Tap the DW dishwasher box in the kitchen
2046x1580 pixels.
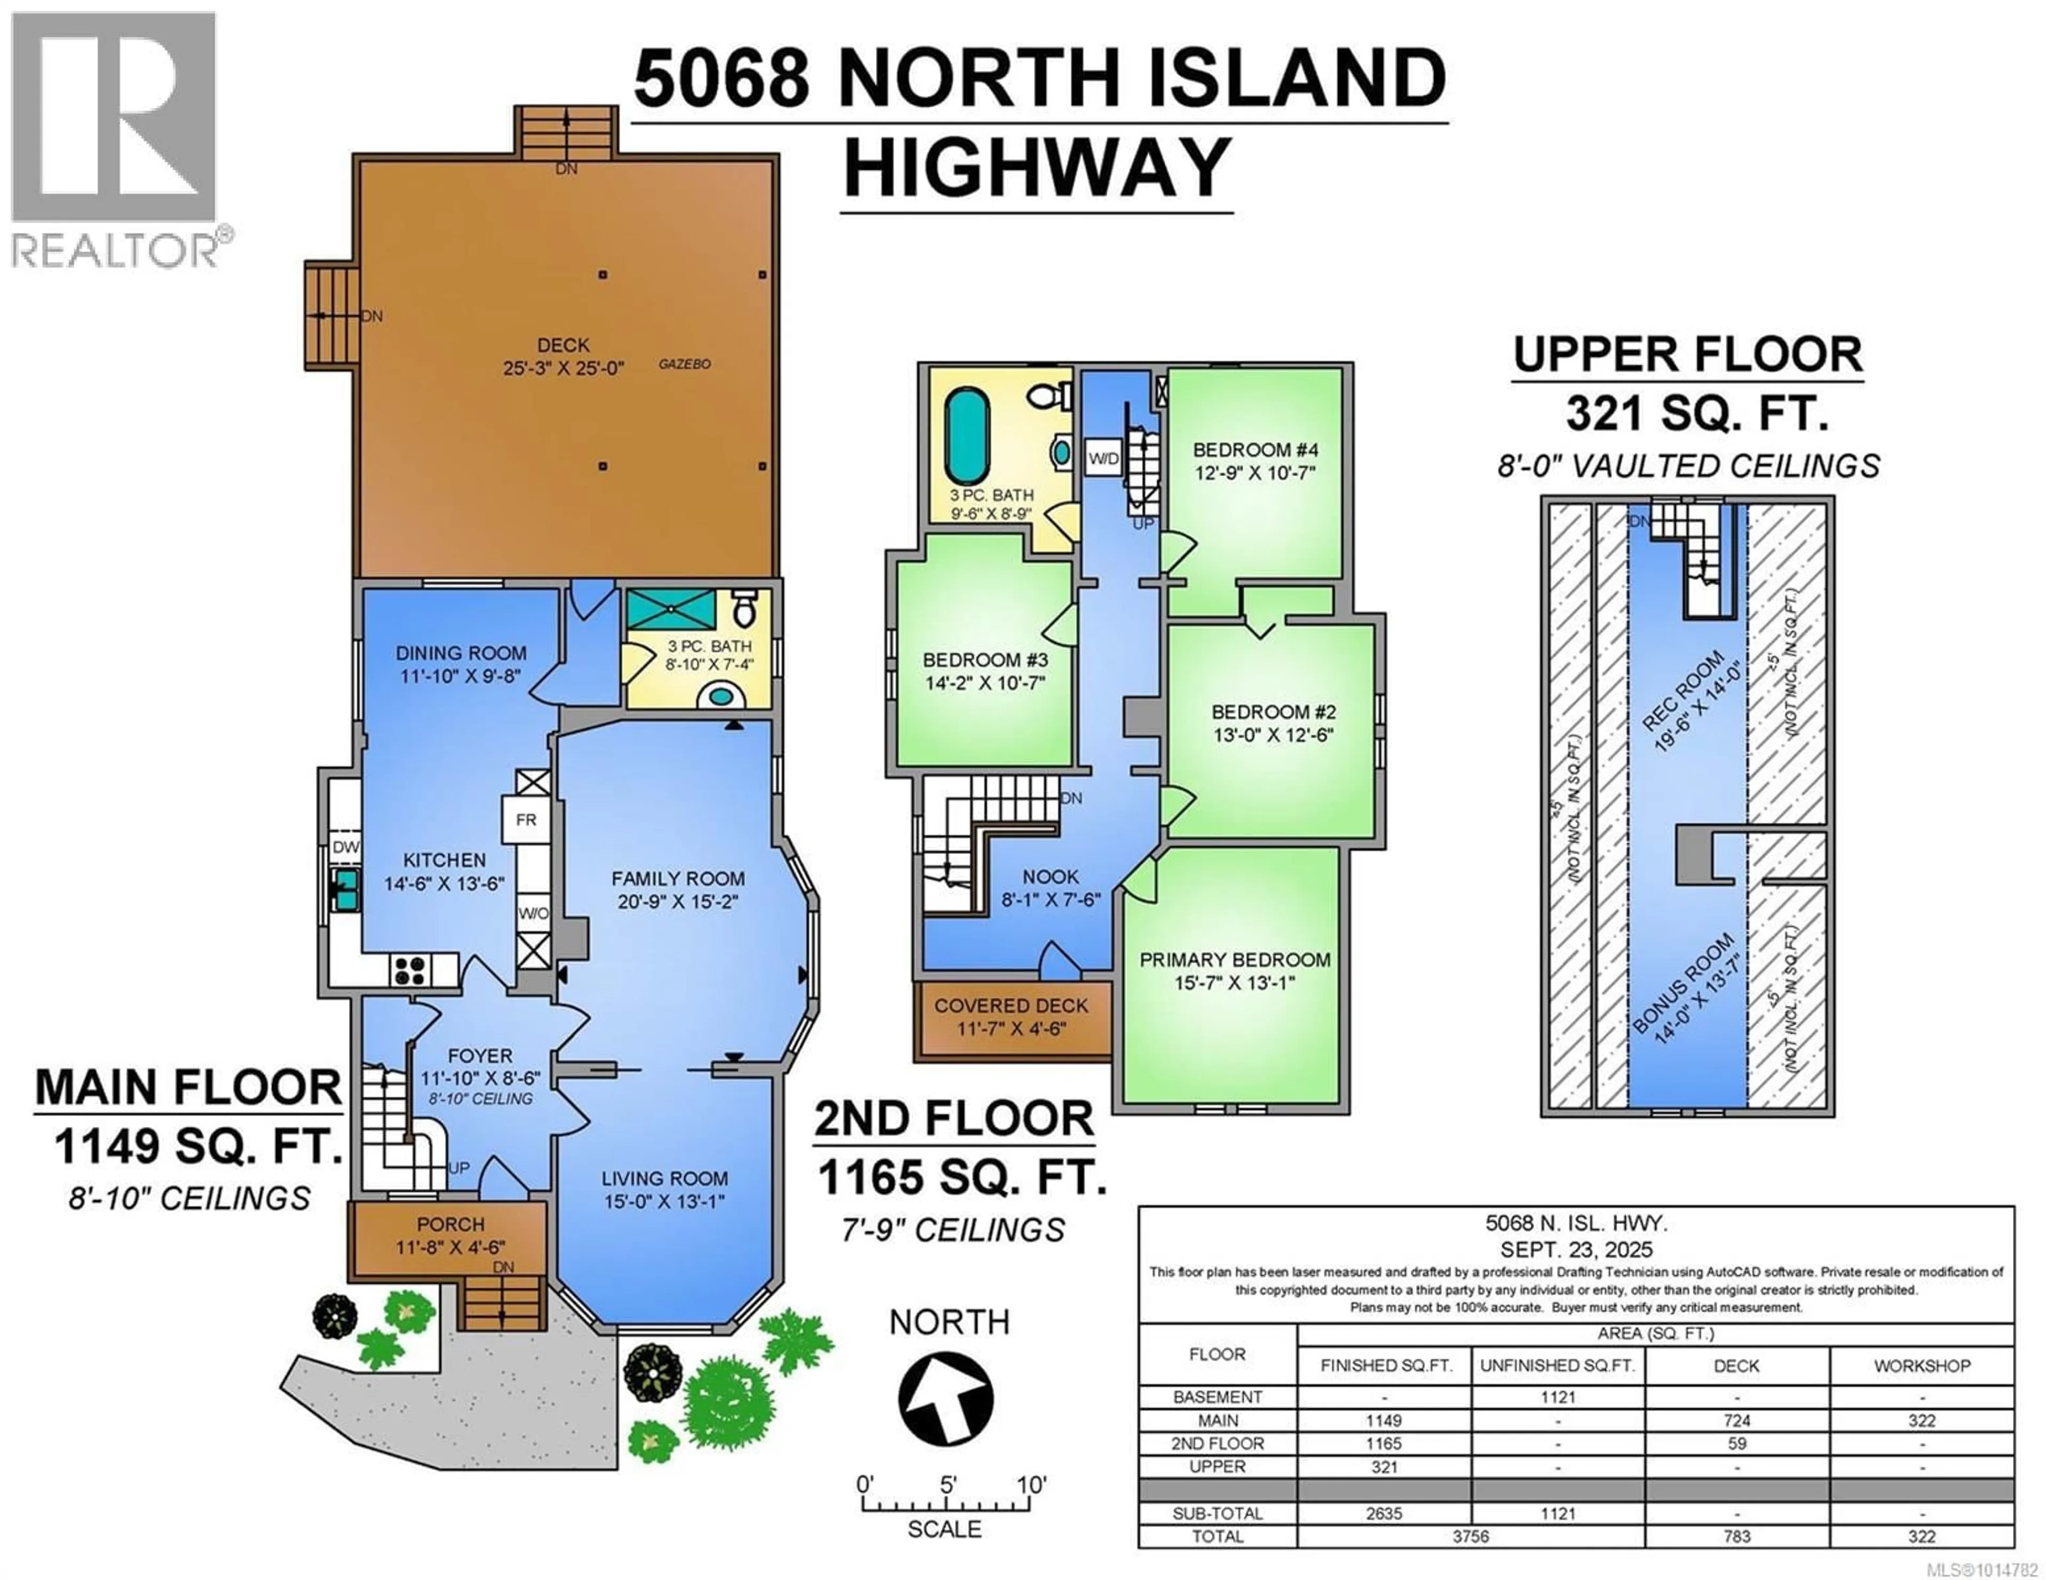pyautogui.click(x=346, y=847)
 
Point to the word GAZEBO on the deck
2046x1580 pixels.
pyautogui.click(x=685, y=363)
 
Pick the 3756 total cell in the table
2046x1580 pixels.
pyautogui.click(x=1471, y=1536)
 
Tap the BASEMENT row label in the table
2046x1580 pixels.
pyautogui.click(x=1218, y=1396)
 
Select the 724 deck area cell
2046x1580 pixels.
pyautogui.click(x=1737, y=1420)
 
